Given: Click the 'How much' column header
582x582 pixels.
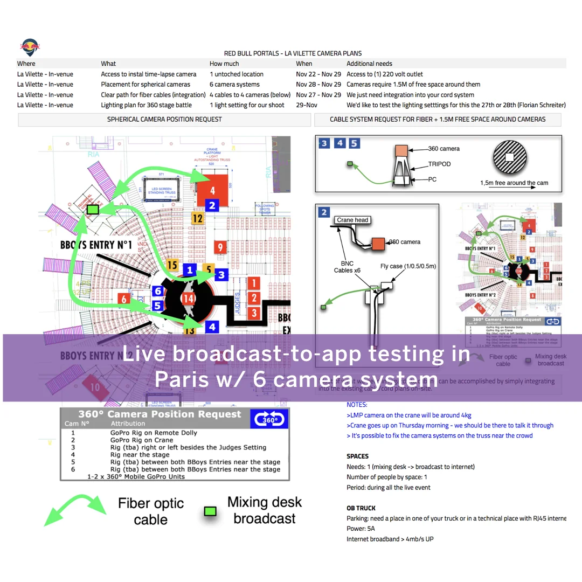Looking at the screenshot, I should click(x=224, y=64).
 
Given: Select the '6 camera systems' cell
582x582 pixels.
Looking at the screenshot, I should click(x=234, y=85).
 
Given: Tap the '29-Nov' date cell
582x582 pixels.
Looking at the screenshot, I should click(x=306, y=105).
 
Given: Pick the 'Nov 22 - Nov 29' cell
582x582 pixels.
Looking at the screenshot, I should click(x=318, y=74).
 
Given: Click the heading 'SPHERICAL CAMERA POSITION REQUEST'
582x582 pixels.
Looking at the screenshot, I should click(x=164, y=120).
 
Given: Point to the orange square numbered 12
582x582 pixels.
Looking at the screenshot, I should click(x=198, y=218).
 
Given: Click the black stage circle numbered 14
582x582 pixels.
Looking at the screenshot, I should click(x=189, y=299).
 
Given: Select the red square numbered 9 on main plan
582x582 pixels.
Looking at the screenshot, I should click(x=220, y=247).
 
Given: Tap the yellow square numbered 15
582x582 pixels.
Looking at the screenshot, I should click(x=172, y=265).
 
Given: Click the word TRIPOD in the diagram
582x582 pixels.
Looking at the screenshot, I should click(x=439, y=163).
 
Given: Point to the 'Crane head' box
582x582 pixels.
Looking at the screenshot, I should click(x=352, y=220).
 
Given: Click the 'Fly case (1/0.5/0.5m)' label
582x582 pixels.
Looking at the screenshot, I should click(x=408, y=266).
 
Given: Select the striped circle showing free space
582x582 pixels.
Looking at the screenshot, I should click(x=509, y=157).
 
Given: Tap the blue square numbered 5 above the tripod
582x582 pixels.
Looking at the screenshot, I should click(x=354, y=143).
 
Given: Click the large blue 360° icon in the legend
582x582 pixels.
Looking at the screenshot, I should click(x=269, y=419).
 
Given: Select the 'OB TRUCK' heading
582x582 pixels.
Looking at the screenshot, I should click(x=361, y=508).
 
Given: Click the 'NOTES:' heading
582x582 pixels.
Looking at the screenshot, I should click(x=357, y=405).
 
